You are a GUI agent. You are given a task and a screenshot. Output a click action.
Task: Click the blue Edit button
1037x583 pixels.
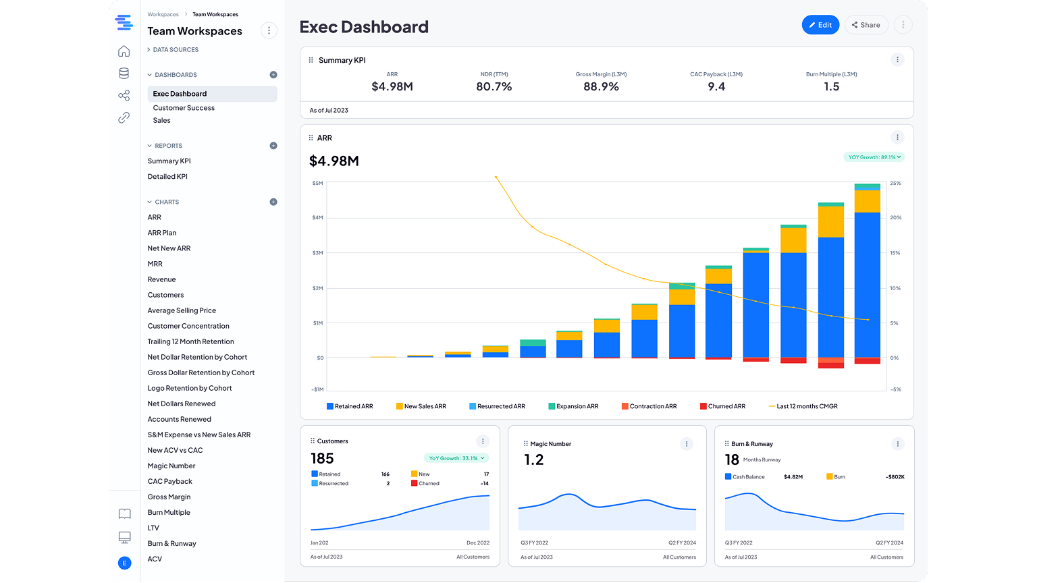(x=820, y=25)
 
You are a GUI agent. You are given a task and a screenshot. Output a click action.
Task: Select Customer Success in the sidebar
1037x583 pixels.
(x=184, y=108)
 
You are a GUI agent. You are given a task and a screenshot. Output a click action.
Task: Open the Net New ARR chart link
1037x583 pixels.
(x=169, y=248)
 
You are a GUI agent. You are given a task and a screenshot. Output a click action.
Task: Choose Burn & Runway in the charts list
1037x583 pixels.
(x=171, y=544)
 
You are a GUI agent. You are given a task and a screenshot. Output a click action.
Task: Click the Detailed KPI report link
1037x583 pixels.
(x=167, y=177)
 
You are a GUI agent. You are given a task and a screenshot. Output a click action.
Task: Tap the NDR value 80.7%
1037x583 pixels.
(x=494, y=86)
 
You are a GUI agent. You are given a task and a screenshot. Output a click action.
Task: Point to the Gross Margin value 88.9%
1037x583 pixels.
(x=601, y=86)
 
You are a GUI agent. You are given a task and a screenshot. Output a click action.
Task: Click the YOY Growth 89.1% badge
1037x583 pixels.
(x=874, y=157)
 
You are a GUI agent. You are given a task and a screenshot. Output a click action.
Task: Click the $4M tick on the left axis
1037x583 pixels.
(x=317, y=218)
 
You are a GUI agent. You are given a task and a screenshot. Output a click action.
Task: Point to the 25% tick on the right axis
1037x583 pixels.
(x=895, y=184)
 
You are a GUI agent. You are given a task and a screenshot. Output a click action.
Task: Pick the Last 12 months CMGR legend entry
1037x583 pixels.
(x=803, y=406)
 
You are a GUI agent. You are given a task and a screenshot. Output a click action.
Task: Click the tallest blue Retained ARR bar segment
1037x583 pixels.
(x=867, y=283)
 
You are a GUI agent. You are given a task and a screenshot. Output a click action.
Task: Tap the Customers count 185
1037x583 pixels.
(x=322, y=459)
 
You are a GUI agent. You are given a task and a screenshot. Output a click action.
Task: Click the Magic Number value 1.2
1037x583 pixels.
(x=533, y=460)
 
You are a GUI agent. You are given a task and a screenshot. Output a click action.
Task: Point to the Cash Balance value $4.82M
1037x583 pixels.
(x=793, y=477)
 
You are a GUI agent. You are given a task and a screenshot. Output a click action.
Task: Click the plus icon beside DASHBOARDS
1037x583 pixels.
(x=273, y=75)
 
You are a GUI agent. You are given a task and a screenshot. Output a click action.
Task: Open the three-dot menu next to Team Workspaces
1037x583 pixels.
(x=269, y=30)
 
